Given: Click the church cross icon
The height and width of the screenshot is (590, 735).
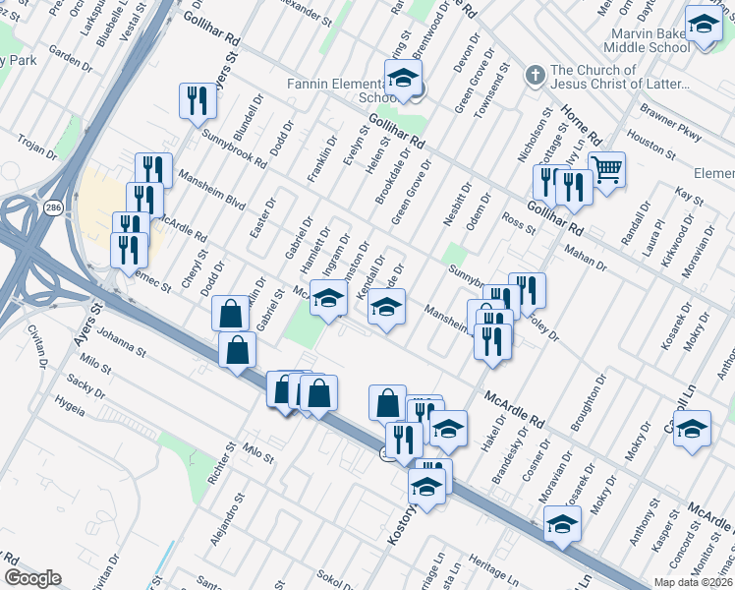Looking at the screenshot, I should (535, 75).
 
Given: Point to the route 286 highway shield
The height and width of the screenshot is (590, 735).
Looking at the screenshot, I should (50, 208).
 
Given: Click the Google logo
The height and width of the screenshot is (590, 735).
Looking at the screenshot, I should (33, 578).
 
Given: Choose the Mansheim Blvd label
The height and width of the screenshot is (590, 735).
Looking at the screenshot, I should (211, 189).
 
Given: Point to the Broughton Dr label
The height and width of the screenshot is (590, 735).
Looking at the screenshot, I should (593, 396).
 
